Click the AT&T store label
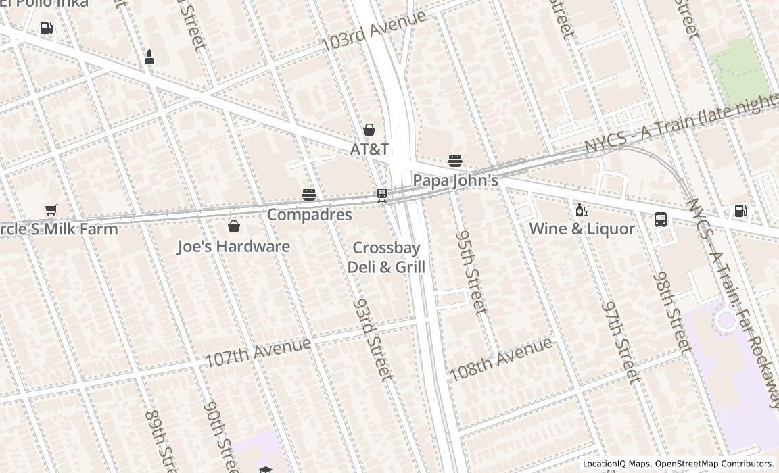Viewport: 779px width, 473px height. click(x=369, y=149)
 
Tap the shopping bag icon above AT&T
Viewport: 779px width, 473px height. click(x=369, y=130)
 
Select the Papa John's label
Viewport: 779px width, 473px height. click(x=455, y=180)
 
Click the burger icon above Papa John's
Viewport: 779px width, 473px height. click(x=455, y=161)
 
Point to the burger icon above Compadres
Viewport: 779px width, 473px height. click(x=309, y=195)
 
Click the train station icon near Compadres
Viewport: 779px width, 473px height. click(x=382, y=195)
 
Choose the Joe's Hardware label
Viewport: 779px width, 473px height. click(x=233, y=247)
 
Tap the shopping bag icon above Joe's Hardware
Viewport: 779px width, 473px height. click(x=234, y=226)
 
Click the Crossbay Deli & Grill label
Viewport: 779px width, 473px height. click(x=386, y=257)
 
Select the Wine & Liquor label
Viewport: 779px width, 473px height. click(x=582, y=229)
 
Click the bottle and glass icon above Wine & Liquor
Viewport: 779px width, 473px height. click(x=582, y=210)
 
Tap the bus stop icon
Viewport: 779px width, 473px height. click(x=661, y=220)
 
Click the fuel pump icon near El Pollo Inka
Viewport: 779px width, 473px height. click(x=46, y=28)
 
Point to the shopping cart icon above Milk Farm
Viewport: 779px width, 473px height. click(x=51, y=209)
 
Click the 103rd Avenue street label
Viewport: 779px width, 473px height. click(x=373, y=30)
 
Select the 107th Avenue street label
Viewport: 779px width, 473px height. click(x=258, y=352)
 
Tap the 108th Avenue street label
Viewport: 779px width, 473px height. click(x=500, y=359)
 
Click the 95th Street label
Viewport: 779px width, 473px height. click(x=471, y=273)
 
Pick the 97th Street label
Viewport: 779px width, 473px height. click(x=621, y=343)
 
